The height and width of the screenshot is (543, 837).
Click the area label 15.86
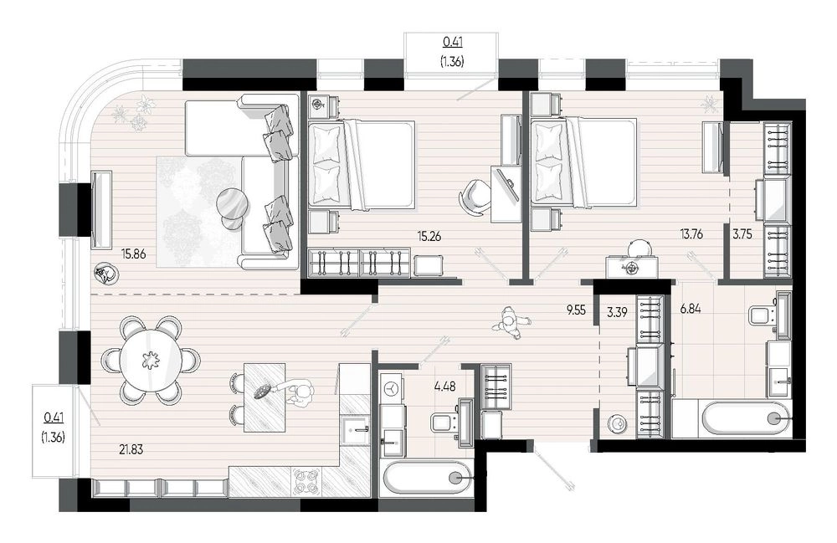(133, 254)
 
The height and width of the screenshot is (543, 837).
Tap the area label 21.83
(131, 449)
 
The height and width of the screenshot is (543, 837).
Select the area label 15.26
(429, 236)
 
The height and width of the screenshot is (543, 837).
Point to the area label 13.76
(691, 233)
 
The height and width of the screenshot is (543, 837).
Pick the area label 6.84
(691, 308)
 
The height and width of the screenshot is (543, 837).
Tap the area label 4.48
(445, 387)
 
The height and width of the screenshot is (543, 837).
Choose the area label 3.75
(742, 233)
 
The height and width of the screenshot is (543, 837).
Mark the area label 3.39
(617, 312)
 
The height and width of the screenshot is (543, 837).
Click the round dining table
(151, 360)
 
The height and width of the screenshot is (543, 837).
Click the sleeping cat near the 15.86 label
(105, 274)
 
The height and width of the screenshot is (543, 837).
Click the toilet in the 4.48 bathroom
(445, 424)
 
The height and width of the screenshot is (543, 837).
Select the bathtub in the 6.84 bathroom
(732, 418)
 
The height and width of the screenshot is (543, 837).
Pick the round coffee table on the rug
(233, 205)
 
